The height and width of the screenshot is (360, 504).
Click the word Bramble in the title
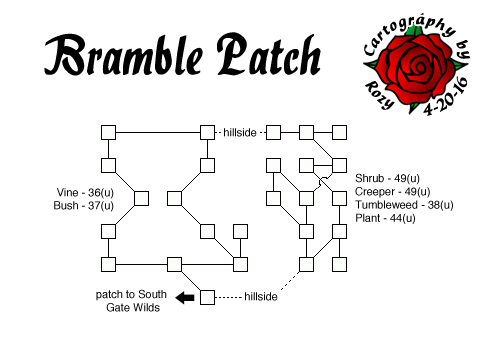click(120, 57)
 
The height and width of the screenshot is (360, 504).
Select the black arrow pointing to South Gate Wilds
click(185, 297)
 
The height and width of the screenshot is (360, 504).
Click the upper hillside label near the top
click(242, 132)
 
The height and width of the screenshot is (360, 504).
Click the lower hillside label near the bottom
click(260, 297)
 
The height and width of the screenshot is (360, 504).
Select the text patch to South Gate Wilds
click(132, 302)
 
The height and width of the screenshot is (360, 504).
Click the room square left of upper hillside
click(207, 132)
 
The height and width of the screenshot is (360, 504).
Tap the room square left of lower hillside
click(207, 297)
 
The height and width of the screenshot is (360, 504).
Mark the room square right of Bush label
click(141, 198)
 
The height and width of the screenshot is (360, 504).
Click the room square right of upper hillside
click(273, 132)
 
